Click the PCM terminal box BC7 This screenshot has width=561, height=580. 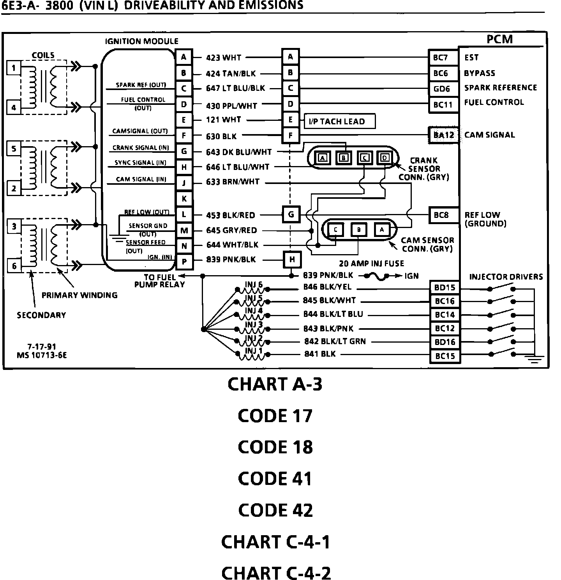[x=443, y=58]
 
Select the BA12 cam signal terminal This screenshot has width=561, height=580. [x=443, y=135]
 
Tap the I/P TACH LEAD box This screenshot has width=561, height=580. [x=339, y=121]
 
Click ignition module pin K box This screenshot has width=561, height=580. [x=184, y=198]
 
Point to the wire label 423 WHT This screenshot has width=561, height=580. [x=224, y=58]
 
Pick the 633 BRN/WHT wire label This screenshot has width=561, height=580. [x=233, y=182]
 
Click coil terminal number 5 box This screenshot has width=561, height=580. [x=14, y=149]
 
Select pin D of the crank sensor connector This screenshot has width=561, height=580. [x=385, y=157]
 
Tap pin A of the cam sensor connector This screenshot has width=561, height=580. [x=382, y=230]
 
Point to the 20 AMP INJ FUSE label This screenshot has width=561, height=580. [x=372, y=263]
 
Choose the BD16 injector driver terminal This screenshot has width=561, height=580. [x=445, y=342]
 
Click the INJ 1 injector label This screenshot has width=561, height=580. [x=254, y=350]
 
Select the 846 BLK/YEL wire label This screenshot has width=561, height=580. [x=327, y=287]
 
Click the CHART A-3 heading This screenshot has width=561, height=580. [x=275, y=384]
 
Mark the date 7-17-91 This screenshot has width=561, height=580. [x=41, y=347]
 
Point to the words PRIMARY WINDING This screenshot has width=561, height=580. [x=79, y=295]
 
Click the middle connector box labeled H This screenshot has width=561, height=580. [x=292, y=259]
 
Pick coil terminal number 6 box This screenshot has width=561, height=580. [x=14, y=266]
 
